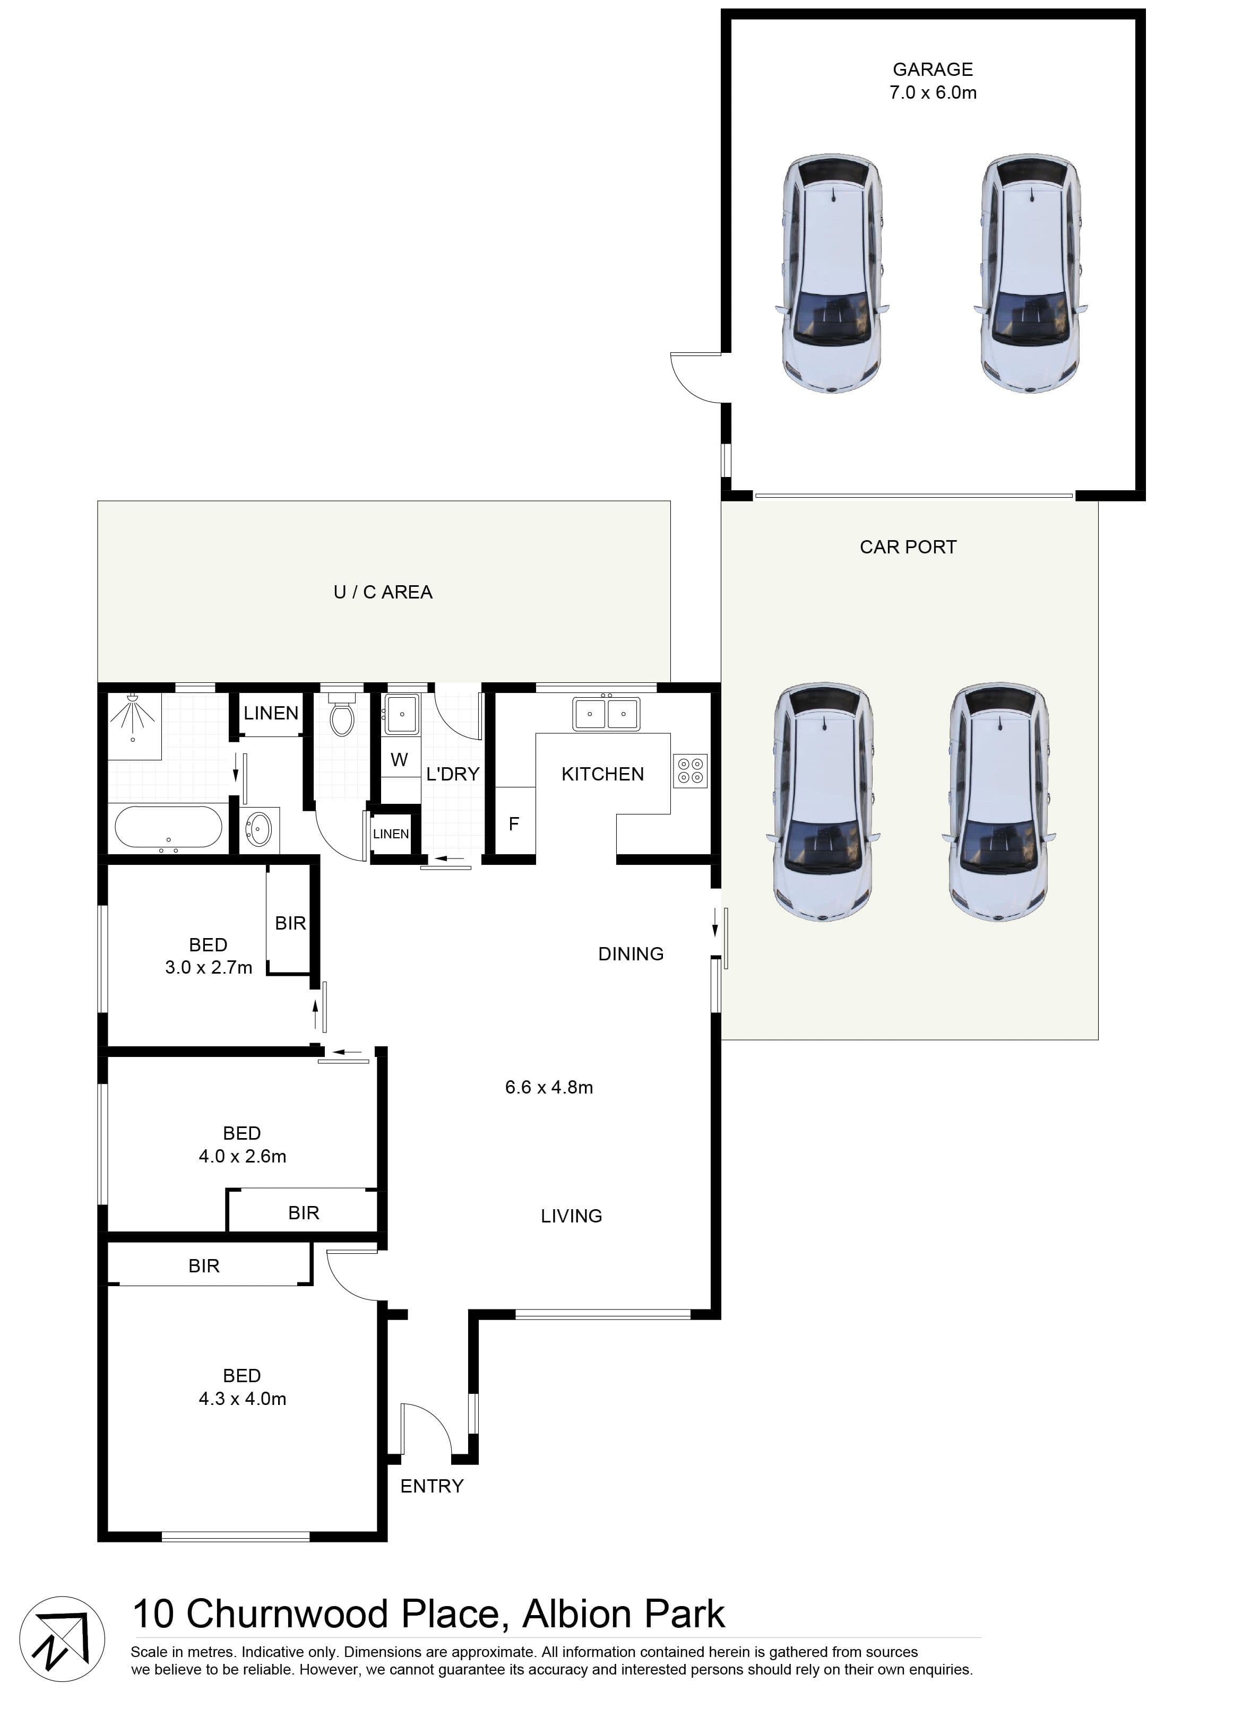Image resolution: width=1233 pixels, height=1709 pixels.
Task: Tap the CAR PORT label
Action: tap(908, 547)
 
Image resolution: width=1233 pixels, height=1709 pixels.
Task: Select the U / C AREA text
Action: tap(383, 592)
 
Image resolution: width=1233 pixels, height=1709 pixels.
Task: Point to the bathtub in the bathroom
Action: tap(168, 827)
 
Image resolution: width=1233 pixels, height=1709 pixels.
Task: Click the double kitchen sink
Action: tap(606, 713)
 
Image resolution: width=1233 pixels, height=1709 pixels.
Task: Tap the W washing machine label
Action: tap(400, 760)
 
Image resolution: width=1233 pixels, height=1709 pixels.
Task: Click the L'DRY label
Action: tap(452, 774)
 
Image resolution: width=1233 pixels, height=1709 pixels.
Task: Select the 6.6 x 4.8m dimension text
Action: tap(549, 1087)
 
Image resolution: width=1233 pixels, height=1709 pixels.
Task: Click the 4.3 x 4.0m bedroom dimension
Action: tap(242, 1399)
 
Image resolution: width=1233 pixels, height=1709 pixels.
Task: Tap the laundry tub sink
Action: tap(402, 714)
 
